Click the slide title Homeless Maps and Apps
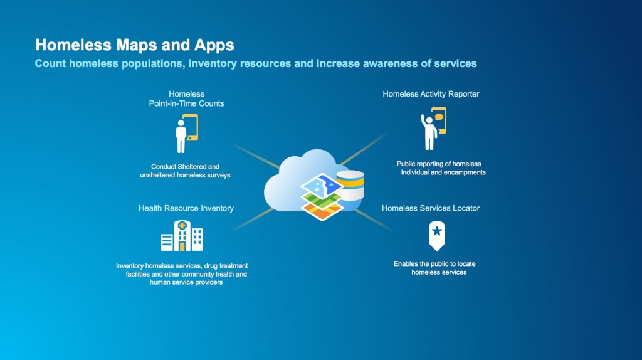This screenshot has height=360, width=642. click(x=135, y=45)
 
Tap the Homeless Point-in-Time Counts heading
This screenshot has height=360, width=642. click(x=186, y=98)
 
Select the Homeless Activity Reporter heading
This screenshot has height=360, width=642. click(x=431, y=94)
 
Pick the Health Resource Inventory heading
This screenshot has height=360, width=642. click(x=186, y=208)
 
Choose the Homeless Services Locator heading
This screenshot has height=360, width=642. click(x=431, y=208)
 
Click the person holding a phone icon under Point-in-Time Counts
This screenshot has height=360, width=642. click(x=186, y=134)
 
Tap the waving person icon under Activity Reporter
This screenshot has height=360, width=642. click(x=434, y=129)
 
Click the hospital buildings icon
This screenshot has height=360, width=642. click(x=182, y=235)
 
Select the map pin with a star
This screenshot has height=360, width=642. click(x=437, y=236)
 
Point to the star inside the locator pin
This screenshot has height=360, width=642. click(x=437, y=231)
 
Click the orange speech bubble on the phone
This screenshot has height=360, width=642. click(x=439, y=117)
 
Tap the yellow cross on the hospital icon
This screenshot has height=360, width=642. click(x=182, y=225)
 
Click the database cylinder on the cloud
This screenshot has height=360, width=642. click(x=350, y=185)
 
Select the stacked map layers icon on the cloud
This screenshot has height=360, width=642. click(x=322, y=197)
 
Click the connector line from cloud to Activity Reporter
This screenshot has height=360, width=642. click(x=364, y=149)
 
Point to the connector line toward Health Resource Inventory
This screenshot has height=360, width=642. click(x=253, y=219)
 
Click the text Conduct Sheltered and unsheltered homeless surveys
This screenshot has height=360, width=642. click(x=185, y=171)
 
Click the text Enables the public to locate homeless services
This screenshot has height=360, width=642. click(x=435, y=268)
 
